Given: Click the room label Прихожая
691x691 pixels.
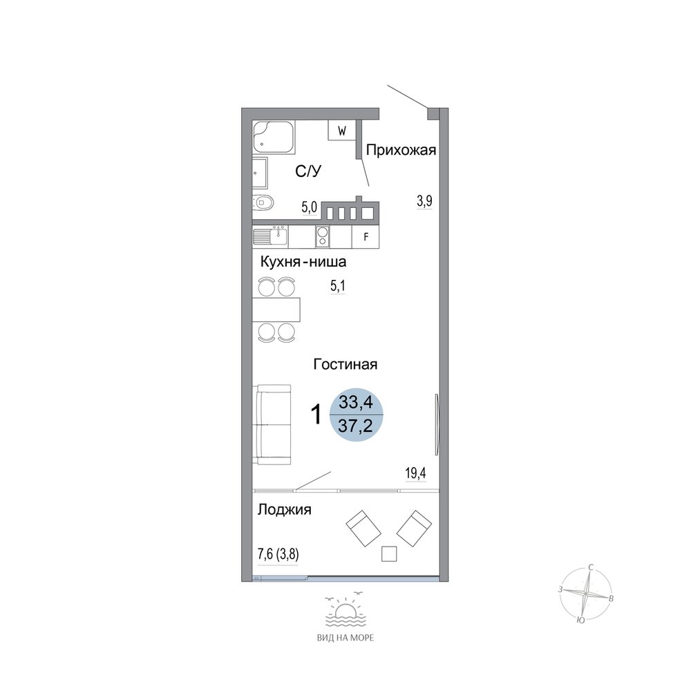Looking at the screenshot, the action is pos(401,151).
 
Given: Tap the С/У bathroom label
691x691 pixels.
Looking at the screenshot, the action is pos(308,171).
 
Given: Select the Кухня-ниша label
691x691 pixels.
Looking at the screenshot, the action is pos(303,262).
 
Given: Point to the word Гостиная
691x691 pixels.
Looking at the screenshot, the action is pos(345,364).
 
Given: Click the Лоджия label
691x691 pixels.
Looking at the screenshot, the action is pos(284,510).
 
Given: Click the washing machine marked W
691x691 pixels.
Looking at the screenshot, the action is pos(342,131).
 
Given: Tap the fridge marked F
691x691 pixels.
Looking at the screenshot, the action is pos(366,237).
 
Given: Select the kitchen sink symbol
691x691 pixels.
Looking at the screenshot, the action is pos(270,236).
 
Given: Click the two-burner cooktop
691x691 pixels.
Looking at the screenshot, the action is pos(323,236).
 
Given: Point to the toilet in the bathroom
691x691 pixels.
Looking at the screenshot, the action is pos(263,203).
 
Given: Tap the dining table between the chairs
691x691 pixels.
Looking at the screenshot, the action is pos(276,310).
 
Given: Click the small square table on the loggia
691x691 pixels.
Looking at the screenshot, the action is pos(389,553).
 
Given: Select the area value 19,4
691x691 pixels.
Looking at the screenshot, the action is pos(415,474).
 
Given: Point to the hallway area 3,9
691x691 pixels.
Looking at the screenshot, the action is pos(425,201).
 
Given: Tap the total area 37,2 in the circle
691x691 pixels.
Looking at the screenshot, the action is pos(356,426).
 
